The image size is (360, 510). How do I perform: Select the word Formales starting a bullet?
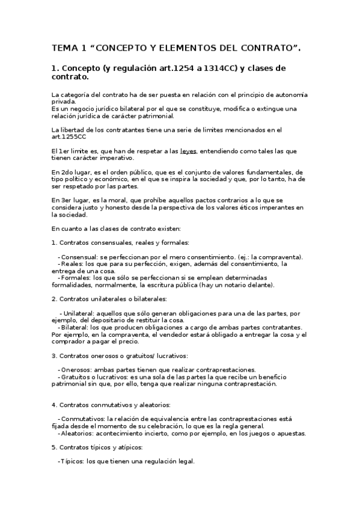76,278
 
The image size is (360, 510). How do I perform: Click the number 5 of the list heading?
53,447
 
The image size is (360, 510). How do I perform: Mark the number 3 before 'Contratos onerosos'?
53,355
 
